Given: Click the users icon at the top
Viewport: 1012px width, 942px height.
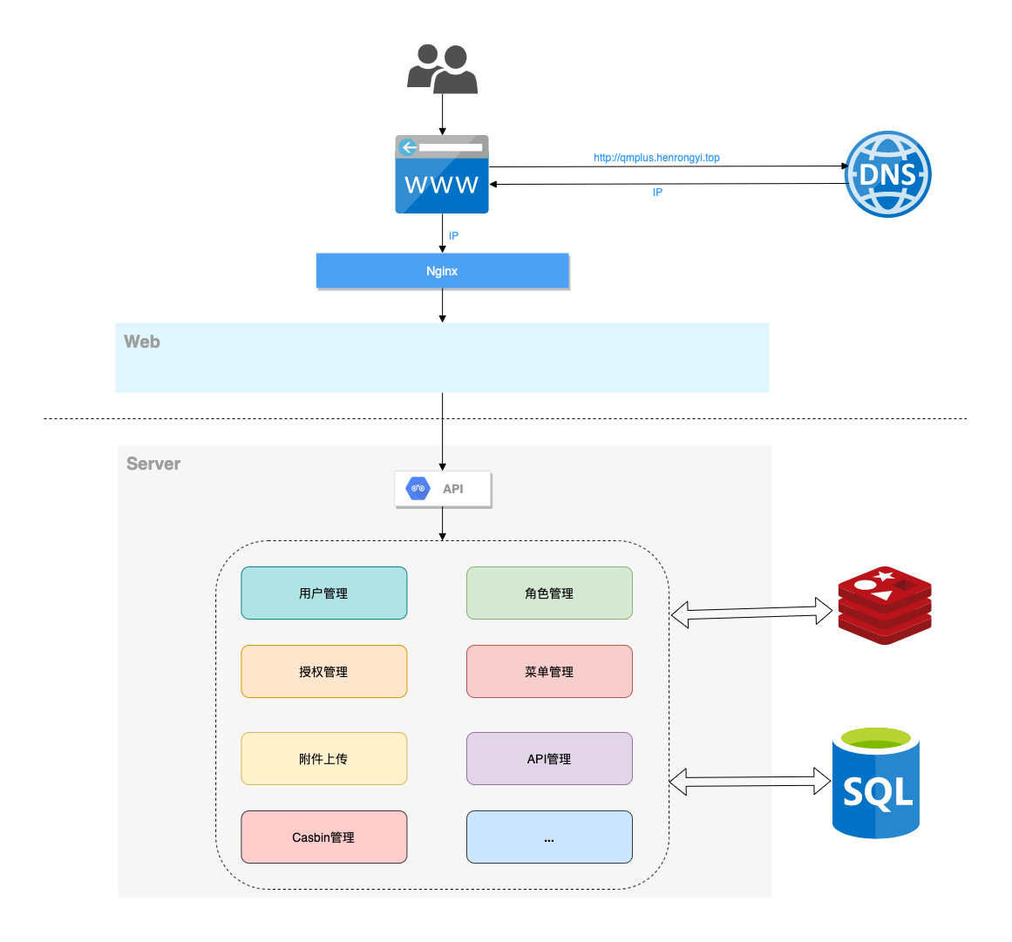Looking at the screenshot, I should coord(442,70).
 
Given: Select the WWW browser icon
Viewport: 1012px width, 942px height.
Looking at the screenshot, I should coord(442,175).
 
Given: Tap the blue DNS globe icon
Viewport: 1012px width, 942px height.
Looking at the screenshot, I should coord(887,174).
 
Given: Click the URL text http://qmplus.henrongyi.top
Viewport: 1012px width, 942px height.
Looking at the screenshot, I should coord(656,158).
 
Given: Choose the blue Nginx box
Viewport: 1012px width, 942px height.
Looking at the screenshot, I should coord(442,271).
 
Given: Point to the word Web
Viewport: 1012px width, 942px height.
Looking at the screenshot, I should coord(142,342).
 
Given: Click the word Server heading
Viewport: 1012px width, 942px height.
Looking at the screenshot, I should coord(153,464).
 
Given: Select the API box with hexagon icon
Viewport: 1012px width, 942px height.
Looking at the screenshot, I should coord(443,489).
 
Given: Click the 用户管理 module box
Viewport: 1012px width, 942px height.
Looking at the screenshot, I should coord(323,593).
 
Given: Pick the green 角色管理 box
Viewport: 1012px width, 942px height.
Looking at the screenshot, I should coord(549,593).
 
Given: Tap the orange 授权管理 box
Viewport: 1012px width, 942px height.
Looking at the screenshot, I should coord(323,672).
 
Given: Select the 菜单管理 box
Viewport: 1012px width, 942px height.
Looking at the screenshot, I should coord(549,672).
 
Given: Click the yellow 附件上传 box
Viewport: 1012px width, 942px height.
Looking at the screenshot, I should coord(323,759).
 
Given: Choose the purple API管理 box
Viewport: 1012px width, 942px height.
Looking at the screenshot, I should coord(549,759).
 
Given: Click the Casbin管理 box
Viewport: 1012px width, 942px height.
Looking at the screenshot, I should coord(323,837).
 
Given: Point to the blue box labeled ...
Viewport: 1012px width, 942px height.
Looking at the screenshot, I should coord(549,837).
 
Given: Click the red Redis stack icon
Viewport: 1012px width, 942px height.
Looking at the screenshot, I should coord(885,605).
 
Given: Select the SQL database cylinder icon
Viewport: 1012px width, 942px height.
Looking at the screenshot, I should coord(876,783).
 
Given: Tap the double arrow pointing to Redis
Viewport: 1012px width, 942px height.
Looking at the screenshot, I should coord(751,613).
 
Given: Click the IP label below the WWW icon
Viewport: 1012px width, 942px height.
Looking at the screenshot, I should coord(453,236).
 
